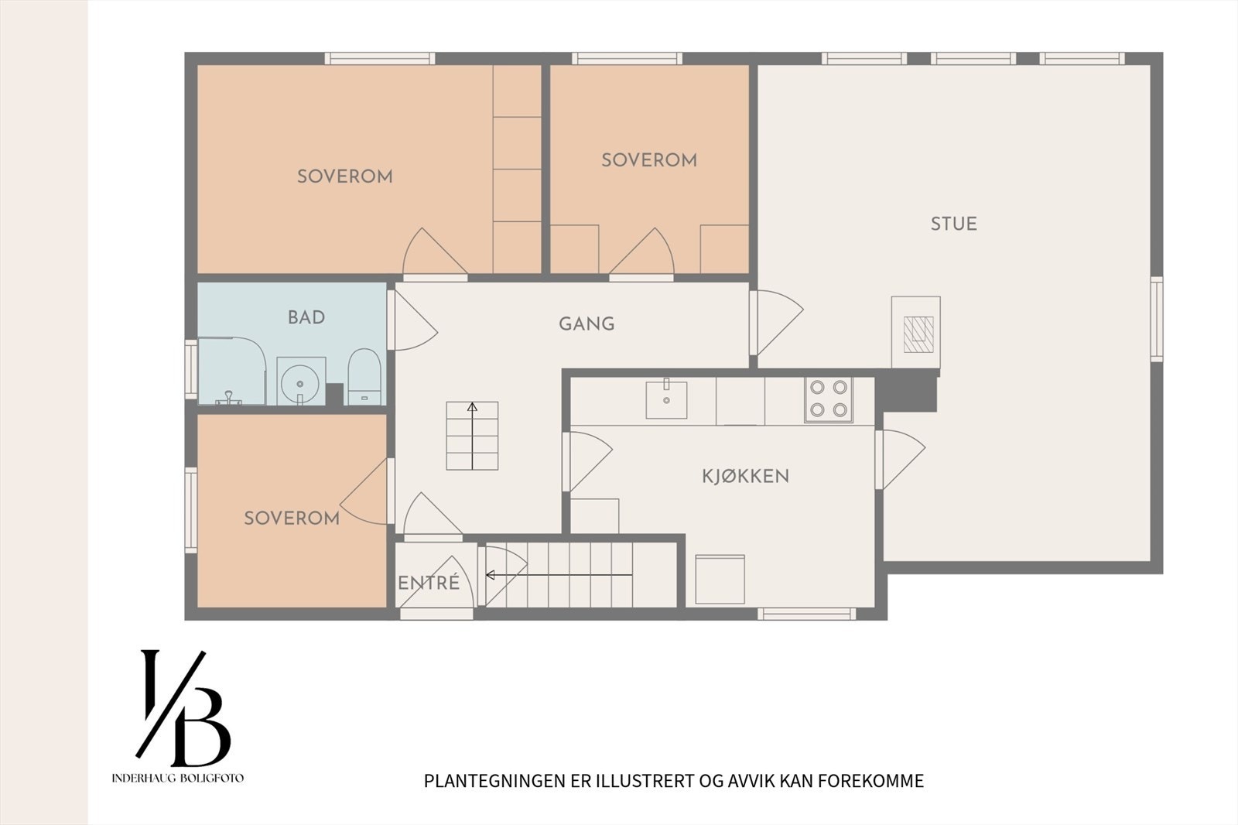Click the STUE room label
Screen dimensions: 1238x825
coord(953,224)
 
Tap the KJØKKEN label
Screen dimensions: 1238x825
coord(746,476)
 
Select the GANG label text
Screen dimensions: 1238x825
coord(587,323)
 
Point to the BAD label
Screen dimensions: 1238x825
coord(306,317)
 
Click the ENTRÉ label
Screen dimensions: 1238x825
coord(429,582)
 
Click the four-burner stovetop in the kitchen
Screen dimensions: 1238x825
coord(829,400)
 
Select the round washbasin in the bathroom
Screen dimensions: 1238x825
coord(300,382)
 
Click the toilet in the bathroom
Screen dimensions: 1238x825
coord(364,377)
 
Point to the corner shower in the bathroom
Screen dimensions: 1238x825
coord(231,371)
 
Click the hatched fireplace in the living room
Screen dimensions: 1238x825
coord(918,334)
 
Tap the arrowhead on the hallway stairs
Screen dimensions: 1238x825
coord(472,408)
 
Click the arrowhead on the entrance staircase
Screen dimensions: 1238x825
coord(490,575)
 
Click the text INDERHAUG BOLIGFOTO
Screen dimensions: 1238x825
coord(177,778)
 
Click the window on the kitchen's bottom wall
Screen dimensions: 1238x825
coord(806,614)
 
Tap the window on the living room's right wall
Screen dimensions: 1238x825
coord(1157,320)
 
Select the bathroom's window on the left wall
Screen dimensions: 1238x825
coord(190,369)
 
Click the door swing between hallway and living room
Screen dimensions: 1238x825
coord(776,323)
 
